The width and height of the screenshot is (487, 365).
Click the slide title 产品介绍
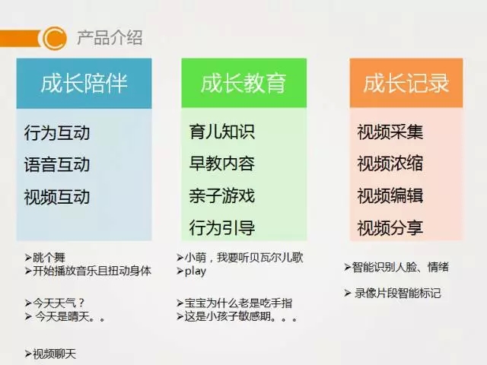click(x=110, y=37)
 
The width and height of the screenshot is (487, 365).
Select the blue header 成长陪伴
click(x=84, y=83)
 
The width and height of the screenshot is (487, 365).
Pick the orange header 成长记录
click(x=406, y=83)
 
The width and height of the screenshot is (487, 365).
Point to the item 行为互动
click(x=57, y=133)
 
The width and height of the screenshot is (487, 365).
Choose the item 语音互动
click(x=57, y=164)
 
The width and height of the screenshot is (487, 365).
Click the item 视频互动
click(x=57, y=197)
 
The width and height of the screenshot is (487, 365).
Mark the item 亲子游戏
click(x=221, y=195)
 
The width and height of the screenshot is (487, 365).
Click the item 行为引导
click(x=221, y=227)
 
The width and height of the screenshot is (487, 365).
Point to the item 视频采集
click(x=390, y=132)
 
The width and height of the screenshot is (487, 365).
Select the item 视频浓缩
click(x=390, y=163)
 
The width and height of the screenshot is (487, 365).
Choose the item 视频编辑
click(x=390, y=195)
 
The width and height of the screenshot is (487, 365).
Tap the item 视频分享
click(x=390, y=227)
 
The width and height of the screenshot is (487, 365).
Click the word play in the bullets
click(x=196, y=271)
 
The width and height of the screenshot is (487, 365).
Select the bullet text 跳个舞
click(x=49, y=258)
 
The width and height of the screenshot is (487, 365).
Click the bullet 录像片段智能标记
click(x=396, y=293)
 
